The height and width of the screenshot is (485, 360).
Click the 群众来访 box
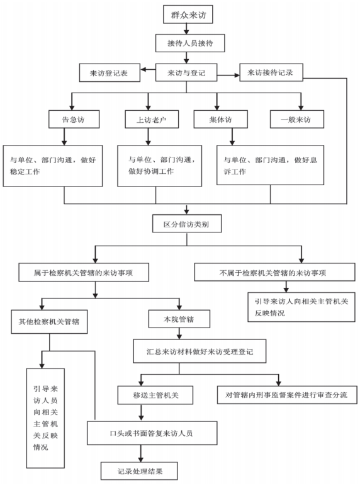(x=188, y=14)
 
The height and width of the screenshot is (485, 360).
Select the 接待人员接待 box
(x=189, y=43)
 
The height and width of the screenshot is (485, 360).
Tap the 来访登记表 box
(x=110, y=73)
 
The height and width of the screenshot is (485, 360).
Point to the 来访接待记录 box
(x=271, y=72)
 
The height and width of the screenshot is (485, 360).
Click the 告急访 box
(x=74, y=119)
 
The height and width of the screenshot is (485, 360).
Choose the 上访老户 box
(x=152, y=119)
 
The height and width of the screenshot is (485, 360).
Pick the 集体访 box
(x=221, y=119)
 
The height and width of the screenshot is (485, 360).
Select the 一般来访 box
(x=297, y=119)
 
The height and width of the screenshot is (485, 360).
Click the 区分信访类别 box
(x=187, y=224)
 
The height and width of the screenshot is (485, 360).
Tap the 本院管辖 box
(x=179, y=319)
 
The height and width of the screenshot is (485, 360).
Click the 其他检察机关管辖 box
(x=49, y=322)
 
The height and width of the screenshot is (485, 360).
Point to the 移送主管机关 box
(x=155, y=395)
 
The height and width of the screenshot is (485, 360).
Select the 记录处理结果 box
(x=139, y=471)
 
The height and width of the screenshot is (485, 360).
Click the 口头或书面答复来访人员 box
(x=152, y=433)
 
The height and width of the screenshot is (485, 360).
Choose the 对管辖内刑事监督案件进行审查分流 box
(x=287, y=395)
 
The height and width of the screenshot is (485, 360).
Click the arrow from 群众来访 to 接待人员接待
(x=186, y=29)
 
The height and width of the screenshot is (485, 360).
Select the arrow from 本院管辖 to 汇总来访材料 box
(x=179, y=333)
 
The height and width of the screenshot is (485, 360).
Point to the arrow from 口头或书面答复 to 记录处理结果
(x=141, y=454)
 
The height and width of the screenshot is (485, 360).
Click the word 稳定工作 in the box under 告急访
(x=25, y=171)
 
